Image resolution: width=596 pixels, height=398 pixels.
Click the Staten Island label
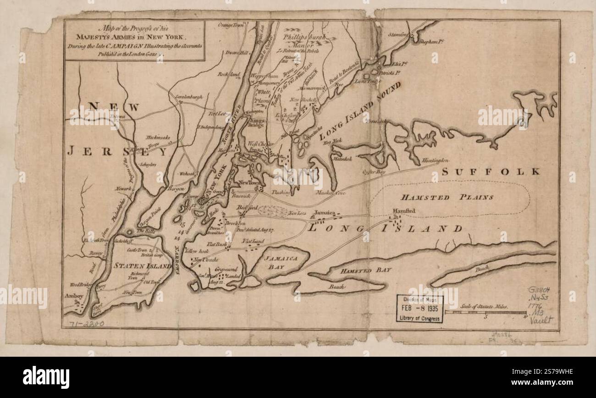(x=136, y=265)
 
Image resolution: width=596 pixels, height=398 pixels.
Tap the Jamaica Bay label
(x=281, y=262)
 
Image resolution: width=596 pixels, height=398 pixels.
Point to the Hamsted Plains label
(x=447, y=198)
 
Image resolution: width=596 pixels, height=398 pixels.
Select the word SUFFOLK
(x=491, y=171)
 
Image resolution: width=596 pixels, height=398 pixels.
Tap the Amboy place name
(x=74, y=296)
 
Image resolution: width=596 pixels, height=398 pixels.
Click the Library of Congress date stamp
(x=420, y=309)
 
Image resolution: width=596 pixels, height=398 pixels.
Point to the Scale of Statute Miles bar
(x=486, y=312)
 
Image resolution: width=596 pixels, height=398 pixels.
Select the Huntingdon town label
(x=432, y=160)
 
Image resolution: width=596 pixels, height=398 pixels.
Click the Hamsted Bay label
(x=365, y=271)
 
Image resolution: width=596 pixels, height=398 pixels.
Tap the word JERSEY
(x=116, y=151)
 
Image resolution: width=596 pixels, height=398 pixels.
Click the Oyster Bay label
(x=374, y=172)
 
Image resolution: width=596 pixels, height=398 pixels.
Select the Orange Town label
(x=232, y=25)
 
